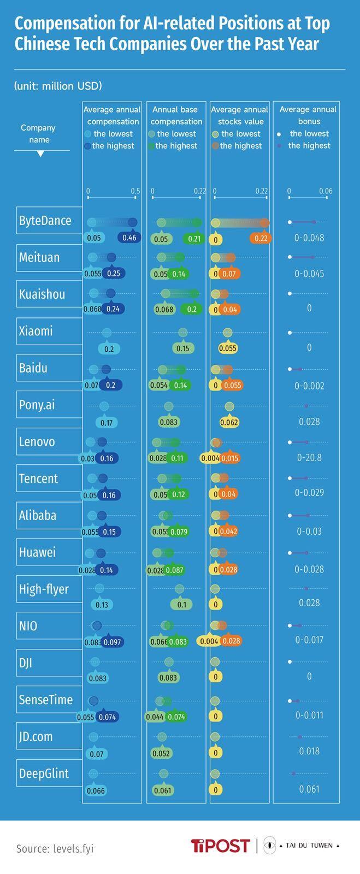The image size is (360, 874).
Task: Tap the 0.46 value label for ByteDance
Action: pos(129,238)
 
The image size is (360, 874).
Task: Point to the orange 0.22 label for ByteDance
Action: pos(261,239)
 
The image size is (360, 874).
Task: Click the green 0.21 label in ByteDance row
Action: pos(194,239)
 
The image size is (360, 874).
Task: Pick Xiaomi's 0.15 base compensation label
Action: pos(182,349)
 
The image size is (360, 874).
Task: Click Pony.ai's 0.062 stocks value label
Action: pos(229,422)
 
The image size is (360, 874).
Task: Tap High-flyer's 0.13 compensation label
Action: pos(102,605)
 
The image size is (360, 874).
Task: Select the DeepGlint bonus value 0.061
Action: pos(309,789)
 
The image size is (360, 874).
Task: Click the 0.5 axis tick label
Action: pos(135,191)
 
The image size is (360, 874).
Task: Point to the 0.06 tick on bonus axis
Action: pos(326,191)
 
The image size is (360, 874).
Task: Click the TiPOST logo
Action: pos(220,846)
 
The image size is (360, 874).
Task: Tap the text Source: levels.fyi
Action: pos(55,848)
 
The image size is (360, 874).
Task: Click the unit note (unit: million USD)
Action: pos(58,86)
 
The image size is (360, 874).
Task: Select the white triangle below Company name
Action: pos(40,154)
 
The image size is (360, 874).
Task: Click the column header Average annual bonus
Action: pos(308,115)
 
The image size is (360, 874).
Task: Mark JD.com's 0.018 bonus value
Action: pos(309,751)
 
